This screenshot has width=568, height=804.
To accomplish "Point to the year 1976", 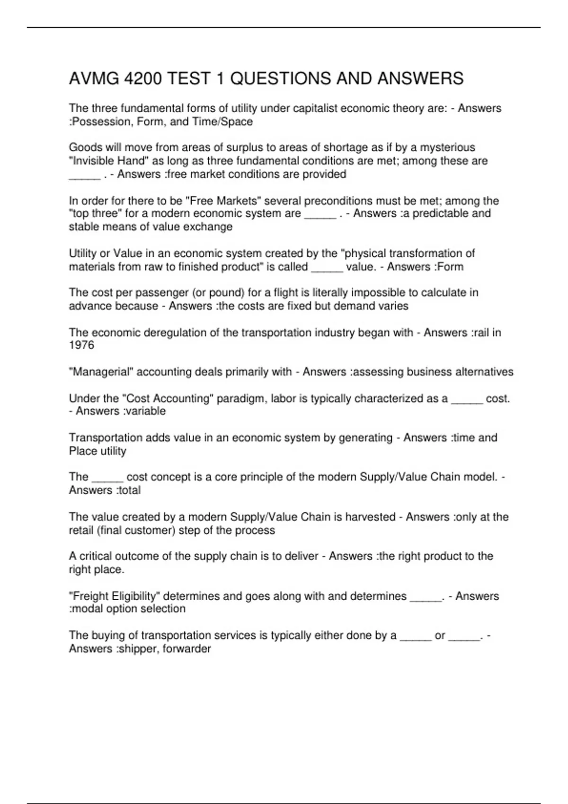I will pos(81,345).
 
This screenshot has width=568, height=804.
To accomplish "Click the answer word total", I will pos(129,490).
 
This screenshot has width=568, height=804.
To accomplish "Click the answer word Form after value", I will pos(449,267).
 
